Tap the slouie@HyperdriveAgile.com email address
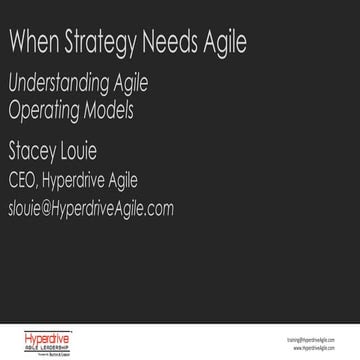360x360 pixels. pyautogui.click(x=90, y=207)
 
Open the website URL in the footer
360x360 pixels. pyautogui.click(x=319, y=347)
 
